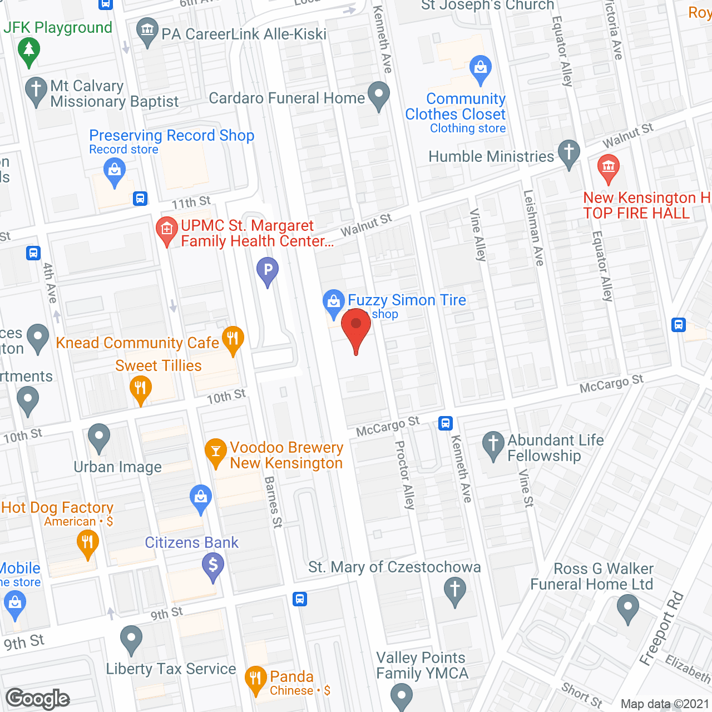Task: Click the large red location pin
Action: [356, 325]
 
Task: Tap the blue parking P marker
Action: [268, 270]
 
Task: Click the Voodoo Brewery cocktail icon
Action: [215, 451]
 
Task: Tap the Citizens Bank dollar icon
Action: [212, 565]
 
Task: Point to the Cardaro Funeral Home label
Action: [286, 98]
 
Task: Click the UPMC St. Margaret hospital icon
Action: [166, 230]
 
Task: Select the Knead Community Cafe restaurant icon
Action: [233, 338]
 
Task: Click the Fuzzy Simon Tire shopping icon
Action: [333, 302]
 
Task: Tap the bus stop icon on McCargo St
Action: [445, 423]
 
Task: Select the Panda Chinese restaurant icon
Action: [255, 678]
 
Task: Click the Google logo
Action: [38, 699]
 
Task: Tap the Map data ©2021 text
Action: [665, 704]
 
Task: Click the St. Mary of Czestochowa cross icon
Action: [455, 589]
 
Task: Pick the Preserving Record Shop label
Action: [171, 136]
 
